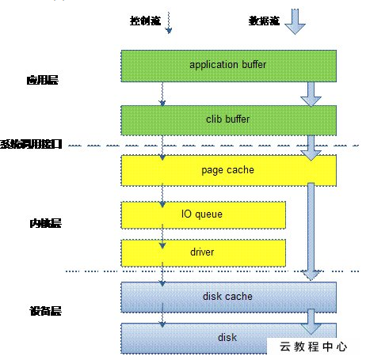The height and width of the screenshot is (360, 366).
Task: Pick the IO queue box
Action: point(203,214)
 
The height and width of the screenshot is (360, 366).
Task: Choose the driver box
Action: point(203,252)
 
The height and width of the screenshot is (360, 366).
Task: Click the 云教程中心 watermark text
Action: point(315,346)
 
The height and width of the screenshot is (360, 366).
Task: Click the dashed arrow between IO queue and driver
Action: point(163,233)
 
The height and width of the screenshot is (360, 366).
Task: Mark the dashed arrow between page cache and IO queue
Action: point(163,193)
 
